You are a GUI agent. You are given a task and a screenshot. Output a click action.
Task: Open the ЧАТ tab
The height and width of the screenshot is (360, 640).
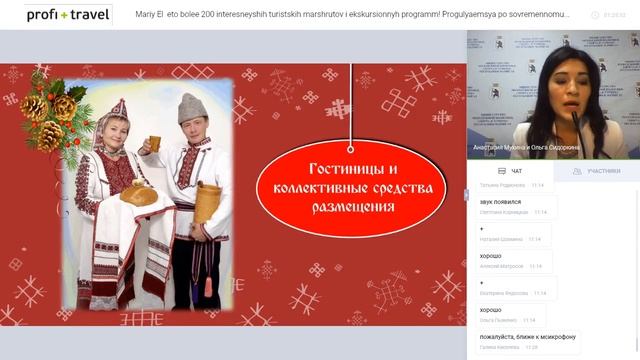[x=510, y=171]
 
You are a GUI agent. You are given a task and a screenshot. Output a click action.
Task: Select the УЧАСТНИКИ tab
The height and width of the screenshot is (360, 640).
[x=597, y=171]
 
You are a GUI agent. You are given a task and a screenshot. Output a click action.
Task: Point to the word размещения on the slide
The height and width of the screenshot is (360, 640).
[x=351, y=207]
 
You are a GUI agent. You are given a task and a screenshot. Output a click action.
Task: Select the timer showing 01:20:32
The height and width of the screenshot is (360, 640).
[x=616, y=15]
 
